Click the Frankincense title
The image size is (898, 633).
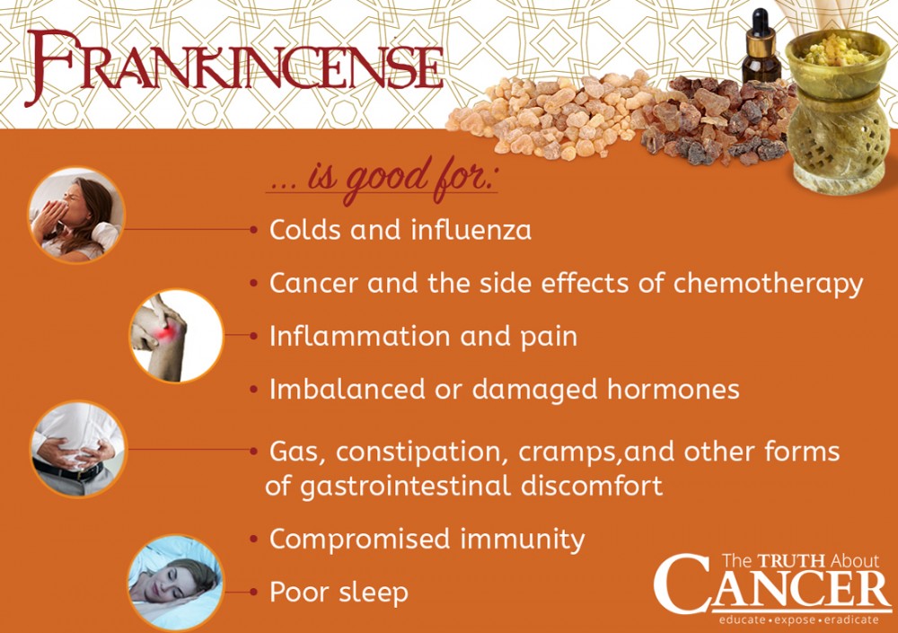(x=234, y=67)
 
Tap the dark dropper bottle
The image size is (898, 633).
(x=762, y=46)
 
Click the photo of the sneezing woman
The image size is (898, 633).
(x=76, y=215)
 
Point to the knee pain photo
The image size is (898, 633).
(x=176, y=336)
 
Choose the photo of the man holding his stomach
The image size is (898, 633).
(x=78, y=449)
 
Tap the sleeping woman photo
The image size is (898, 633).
(x=176, y=583)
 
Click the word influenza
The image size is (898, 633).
(x=471, y=230)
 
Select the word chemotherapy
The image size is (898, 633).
(x=768, y=284)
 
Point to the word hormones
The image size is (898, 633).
(x=673, y=389)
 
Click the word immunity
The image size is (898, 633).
(x=522, y=540)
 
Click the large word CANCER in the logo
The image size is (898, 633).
(x=771, y=589)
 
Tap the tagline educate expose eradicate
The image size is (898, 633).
(x=799, y=620)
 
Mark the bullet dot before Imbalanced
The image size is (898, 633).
(x=254, y=390)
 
